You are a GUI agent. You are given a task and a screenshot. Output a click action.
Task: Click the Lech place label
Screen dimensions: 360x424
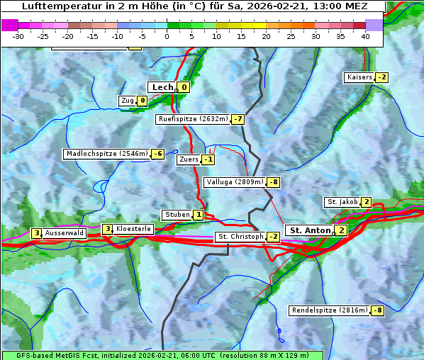[x=162, y=87]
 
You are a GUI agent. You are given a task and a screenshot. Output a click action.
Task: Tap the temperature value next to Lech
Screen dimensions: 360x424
[x=184, y=87]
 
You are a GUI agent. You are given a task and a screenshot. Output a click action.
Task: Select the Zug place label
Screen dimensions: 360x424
[x=128, y=101]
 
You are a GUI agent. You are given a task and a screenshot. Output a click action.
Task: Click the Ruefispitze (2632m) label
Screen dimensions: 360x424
[x=193, y=119]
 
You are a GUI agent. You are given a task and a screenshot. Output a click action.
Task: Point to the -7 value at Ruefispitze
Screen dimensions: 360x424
[x=238, y=119]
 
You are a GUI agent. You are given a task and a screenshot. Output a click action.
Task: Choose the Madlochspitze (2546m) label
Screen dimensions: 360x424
[x=106, y=154]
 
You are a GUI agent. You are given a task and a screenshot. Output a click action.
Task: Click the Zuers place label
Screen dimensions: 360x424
[x=189, y=159]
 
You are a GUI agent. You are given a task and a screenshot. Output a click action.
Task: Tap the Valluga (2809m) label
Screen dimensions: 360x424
[x=235, y=182]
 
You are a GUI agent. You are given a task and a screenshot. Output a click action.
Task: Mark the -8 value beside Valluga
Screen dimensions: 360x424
[x=274, y=182]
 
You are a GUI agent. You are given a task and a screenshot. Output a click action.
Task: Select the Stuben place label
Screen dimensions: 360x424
[x=177, y=215]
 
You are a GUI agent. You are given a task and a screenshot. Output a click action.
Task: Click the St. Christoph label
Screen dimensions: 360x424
[x=240, y=236]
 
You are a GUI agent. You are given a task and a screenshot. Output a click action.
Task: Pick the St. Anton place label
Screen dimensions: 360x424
[x=310, y=230]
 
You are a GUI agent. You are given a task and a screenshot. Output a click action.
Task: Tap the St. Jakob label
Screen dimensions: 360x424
[x=342, y=202]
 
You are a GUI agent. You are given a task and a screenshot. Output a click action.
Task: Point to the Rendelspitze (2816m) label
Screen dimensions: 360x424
[x=330, y=310]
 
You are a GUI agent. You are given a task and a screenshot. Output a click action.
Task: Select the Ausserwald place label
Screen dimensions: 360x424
[x=65, y=233]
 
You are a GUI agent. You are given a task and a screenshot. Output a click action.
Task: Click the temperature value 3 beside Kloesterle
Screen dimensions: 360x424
[x=108, y=229]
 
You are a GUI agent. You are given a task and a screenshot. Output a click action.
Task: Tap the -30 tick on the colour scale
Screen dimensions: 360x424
[x=18, y=35]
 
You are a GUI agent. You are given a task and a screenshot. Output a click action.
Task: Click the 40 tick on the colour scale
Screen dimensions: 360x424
[x=365, y=35]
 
